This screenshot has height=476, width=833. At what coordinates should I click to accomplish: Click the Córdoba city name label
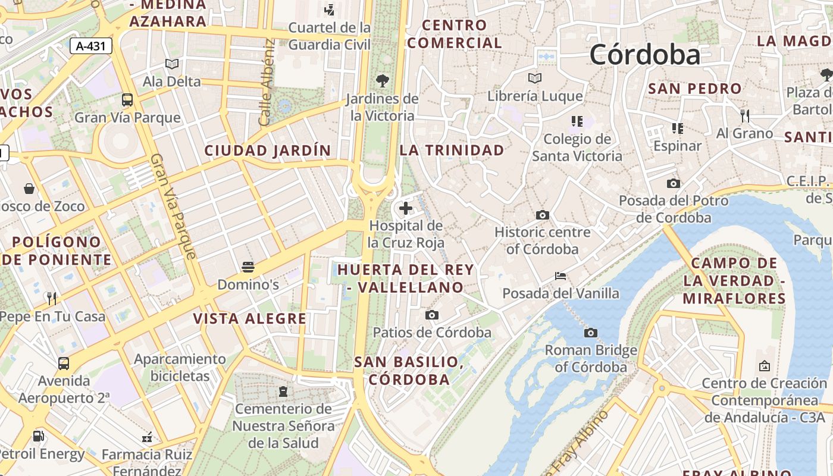(x=645, y=55)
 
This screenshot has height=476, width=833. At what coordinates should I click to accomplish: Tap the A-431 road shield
(x=91, y=46)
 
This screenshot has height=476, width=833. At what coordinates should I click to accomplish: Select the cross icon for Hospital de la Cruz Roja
(x=406, y=208)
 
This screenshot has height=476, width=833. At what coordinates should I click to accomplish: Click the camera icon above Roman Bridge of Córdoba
(x=590, y=333)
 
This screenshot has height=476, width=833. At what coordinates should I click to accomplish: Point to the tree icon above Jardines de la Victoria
(x=383, y=80)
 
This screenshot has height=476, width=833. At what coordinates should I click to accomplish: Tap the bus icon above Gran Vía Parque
(x=127, y=99)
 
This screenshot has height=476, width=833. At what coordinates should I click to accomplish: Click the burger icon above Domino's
(x=248, y=267)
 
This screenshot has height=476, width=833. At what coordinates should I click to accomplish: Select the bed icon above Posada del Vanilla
(x=560, y=276)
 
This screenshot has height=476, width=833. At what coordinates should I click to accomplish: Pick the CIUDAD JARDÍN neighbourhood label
(x=267, y=151)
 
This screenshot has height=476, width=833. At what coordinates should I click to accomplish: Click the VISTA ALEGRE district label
(x=249, y=319)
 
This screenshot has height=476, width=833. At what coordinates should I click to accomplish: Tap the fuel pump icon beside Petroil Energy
(x=39, y=436)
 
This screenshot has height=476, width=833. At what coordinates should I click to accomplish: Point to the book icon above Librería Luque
(x=535, y=78)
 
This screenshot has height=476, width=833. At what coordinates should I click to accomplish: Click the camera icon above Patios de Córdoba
(x=432, y=315)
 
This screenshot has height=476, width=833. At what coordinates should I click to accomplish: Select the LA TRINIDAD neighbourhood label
(x=452, y=150)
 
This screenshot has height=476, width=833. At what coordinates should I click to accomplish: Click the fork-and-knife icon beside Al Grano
(x=744, y=115)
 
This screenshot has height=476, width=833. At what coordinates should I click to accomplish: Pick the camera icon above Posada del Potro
(x=674, y=183)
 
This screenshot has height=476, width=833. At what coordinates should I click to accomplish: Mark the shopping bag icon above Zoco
(x=29, y=189)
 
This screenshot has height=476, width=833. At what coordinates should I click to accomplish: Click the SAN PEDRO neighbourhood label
(x=695, y=89)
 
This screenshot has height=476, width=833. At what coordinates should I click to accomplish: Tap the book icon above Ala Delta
(x=172, y=64)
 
